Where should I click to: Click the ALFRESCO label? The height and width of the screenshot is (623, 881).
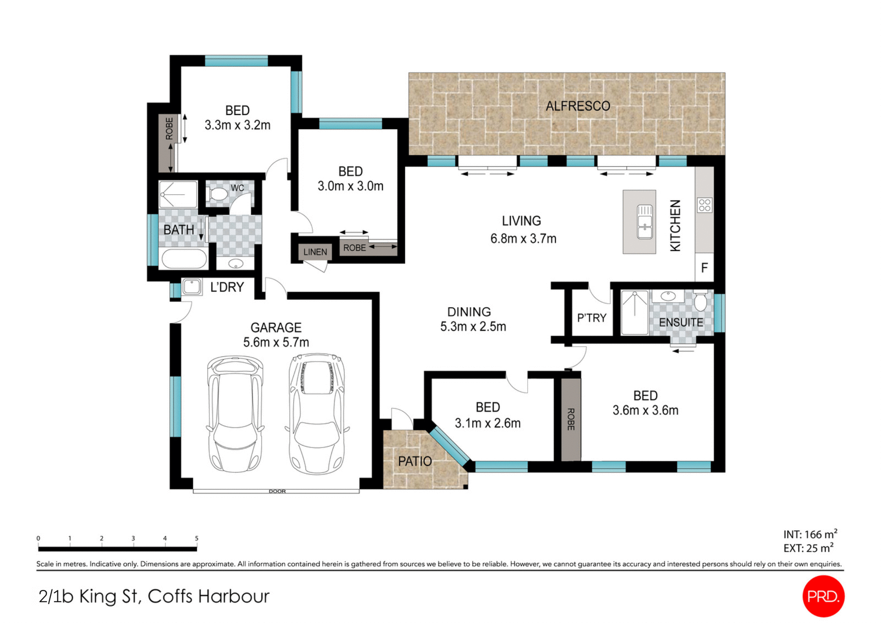click(x=578, y=106)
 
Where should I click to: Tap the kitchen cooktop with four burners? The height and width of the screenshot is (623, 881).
click(x=704, y=205)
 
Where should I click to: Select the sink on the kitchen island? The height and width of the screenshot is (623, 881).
click(x=645, y=222)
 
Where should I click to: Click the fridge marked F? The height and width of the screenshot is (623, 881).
click(x=704, y=268)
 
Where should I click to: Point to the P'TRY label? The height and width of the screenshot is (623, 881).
click(x=591, y=318)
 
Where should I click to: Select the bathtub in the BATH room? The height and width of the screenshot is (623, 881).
click(x=183, y=258)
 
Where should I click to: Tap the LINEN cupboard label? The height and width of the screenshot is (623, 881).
click(x=315, y=252)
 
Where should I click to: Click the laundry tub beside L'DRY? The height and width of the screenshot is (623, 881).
click(x=192, y=287)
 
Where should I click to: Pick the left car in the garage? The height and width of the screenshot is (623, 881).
click(x=235, y=414)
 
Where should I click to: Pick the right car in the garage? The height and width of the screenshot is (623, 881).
click(x=317, y=413)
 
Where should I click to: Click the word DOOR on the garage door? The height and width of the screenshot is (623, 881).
click(x=277, y=491)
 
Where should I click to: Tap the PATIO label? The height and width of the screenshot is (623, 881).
click(x=415, y=461)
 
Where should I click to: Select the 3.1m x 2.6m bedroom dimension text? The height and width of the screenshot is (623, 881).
click(x=487, y=423)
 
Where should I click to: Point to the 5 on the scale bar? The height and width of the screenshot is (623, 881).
click(x=196, y=538)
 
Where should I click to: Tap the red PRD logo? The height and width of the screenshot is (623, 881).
click(x=823, y=596)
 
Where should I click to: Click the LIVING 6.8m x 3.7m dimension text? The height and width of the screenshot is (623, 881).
click(x=523, y=239)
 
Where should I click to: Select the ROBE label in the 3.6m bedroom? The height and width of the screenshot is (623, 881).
click(x=571, y=419)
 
